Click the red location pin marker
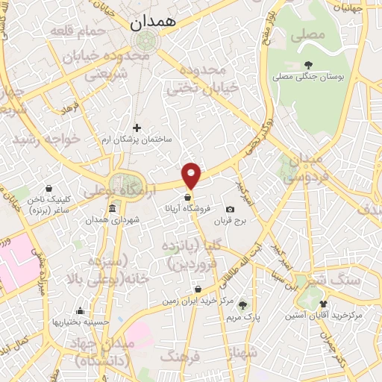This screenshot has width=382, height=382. pos(192,174)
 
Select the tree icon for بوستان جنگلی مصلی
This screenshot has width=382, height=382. pos(308,63)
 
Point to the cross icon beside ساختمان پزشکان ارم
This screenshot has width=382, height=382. pos(137,128)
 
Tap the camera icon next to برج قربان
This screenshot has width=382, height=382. pos(230,210)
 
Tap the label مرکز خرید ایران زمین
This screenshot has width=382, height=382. pos(197,303)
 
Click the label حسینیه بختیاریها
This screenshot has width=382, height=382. pos(81,322)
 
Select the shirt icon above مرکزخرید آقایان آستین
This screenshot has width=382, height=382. pos(323,304)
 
